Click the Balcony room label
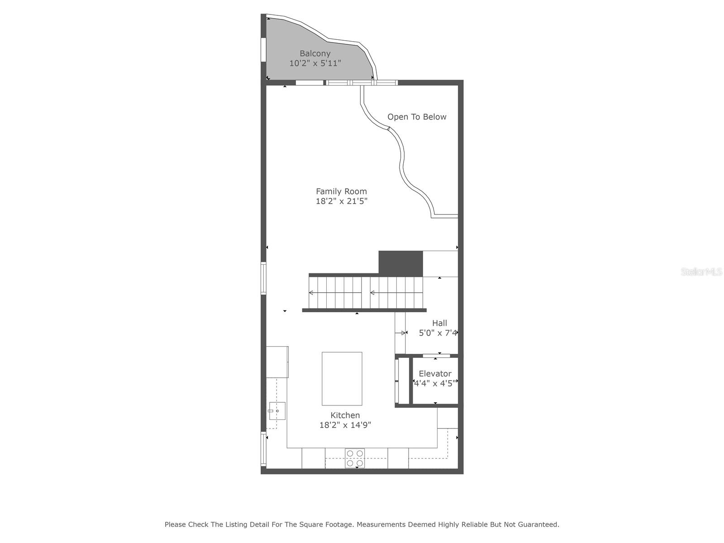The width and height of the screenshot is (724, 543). (x=315, y=53)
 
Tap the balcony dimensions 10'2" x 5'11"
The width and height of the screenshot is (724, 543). (x=315, y=63)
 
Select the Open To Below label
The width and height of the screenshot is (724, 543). (x=417, y=117)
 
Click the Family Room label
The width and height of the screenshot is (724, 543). (x=341, y=191)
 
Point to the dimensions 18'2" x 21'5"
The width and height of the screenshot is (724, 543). (x=341, y=201)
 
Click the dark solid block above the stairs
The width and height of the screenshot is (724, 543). (x=400, y=263)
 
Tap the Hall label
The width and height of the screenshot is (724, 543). (x=439, y=323)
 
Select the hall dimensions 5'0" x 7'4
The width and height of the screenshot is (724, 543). (x=438, y=333)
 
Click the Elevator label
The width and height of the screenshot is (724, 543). (x=435, y=374)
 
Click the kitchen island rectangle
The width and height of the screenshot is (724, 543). (x=342, y=379)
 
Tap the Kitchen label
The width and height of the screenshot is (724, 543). (x=345, y=415)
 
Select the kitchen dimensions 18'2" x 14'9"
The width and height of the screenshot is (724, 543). (x=345, y=425)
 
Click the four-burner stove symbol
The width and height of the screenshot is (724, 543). (x=355, y=458)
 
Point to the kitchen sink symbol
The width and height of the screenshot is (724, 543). (x=277, y=411)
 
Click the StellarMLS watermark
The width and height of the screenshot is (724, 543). (x=701, y=272)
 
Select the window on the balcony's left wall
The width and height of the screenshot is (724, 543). (x=263, y=49)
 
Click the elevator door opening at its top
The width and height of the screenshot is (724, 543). (x=436, y=356)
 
